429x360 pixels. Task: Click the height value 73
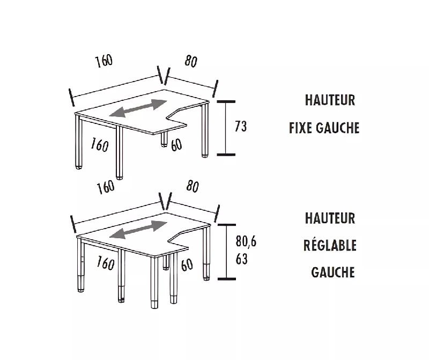[x=241, y=127]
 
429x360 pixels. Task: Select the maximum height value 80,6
[x=246, y=242]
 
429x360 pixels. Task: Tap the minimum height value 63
[x=241, y=259]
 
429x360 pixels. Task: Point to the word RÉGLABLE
[x=330, y=246]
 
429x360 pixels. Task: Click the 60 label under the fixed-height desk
[x=176, y=145]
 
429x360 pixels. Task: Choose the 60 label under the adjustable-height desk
[x=187, y=264]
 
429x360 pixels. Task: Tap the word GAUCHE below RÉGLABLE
[x=333, y=272]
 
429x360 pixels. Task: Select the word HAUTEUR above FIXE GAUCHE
[x=330, y=100]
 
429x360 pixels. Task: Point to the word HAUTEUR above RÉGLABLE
[x=330, y=218]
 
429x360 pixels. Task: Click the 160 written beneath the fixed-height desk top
[x=100, y=145]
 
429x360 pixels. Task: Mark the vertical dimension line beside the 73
[x=226, y=127]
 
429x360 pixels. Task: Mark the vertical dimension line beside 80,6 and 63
[x=227, y=251]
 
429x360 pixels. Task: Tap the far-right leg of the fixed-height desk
[x=205, y=131]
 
